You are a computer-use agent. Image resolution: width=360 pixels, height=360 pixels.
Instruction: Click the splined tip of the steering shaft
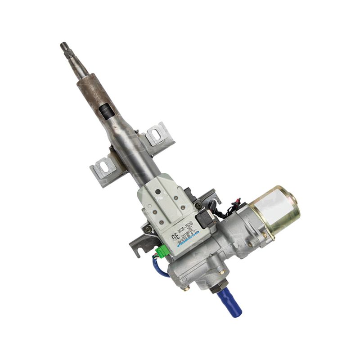tap(64, 46)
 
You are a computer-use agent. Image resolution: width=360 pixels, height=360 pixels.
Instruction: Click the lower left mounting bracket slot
tap(104, 167)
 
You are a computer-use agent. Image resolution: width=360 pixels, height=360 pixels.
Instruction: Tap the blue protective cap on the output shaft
tap(229, 302)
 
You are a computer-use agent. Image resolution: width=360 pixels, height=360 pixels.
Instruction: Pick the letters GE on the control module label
tap(175, 237)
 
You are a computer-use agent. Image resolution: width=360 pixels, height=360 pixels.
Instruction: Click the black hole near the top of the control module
tap(157, 192)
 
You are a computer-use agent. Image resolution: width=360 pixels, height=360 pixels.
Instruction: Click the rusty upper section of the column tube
tap(92, 90)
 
